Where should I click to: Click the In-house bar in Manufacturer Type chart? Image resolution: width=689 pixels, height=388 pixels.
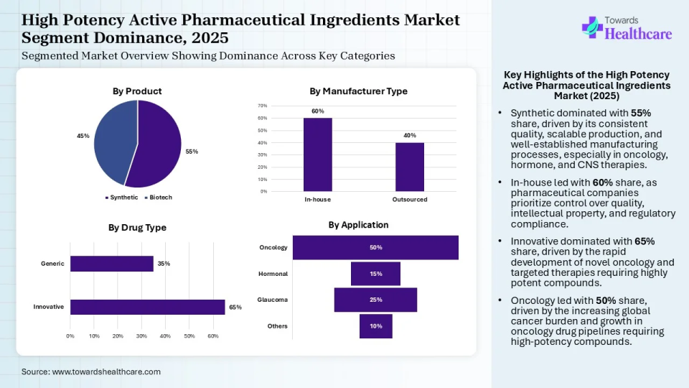coord(317,154)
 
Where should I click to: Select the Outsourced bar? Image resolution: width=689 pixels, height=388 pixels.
coord(410,167)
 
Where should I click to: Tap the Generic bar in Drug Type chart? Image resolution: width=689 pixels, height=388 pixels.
coord(111,264)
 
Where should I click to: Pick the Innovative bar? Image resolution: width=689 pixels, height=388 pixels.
coord(147,307)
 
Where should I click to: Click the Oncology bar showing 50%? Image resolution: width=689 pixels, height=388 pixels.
coord(375,247)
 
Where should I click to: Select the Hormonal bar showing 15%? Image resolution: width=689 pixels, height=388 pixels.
coord(375,274)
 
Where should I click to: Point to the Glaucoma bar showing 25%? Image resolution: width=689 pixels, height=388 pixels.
coord(375,300)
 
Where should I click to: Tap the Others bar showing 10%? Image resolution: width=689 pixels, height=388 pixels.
coord(375,326)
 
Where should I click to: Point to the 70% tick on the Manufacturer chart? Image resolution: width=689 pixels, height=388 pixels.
coord(263,106)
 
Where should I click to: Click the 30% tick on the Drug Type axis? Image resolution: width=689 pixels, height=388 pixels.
coord(141,336)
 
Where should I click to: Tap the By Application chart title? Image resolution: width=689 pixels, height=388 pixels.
coord(358,225)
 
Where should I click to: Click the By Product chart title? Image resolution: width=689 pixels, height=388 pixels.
coord(137,91)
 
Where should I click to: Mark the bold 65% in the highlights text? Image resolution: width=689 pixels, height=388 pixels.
coord(644,241)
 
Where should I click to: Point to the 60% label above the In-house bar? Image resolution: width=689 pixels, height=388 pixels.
coord(317,111)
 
